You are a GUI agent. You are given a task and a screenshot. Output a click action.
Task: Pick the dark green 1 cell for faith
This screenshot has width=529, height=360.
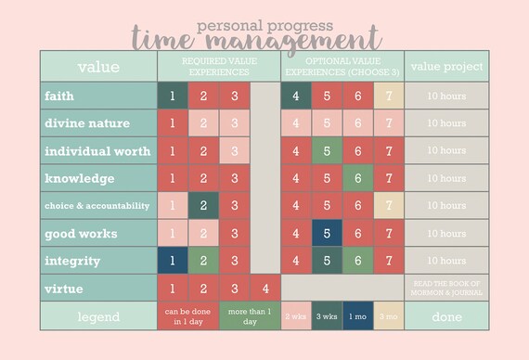172,96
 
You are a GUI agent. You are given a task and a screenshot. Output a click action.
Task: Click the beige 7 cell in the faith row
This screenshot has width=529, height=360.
388,96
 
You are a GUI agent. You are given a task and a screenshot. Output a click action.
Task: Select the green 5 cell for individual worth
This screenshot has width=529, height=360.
326,150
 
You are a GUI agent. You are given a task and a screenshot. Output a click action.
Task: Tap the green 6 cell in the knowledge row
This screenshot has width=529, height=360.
357,178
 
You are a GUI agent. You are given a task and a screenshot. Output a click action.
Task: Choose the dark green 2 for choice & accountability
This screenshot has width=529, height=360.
203,205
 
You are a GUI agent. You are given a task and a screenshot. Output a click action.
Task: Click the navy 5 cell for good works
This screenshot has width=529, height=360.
326,233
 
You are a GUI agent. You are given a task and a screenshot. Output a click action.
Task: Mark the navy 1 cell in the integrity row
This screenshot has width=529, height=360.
172,261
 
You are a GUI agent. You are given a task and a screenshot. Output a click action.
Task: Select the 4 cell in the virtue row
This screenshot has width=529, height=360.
264,289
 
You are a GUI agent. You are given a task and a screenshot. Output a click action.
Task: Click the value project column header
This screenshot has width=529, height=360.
446,66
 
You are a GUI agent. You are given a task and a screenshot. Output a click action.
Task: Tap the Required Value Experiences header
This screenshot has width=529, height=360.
218,66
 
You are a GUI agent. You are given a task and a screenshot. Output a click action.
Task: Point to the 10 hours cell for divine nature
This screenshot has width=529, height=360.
446,123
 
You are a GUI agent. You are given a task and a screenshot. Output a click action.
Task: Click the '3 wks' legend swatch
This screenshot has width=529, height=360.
326,316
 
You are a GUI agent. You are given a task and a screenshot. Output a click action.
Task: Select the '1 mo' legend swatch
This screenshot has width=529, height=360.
357,316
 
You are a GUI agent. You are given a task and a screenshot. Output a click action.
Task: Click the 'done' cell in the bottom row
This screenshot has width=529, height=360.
446,316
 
